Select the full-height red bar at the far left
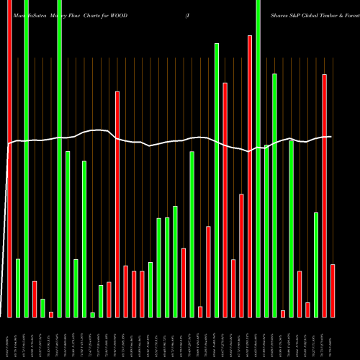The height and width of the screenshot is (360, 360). (x=9, y=158)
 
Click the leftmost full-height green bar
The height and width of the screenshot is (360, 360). (x=26, y=158)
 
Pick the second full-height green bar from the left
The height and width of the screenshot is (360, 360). (x=60, y=158)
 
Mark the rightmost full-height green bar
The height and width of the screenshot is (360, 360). (x=258, y=158)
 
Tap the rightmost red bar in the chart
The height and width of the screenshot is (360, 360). (x=333, y=290)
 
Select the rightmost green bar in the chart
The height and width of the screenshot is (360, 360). (x=316, y=264)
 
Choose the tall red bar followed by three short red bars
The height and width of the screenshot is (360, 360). (x=117, y=204)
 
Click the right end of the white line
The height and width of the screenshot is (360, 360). (x=331, y=137)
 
